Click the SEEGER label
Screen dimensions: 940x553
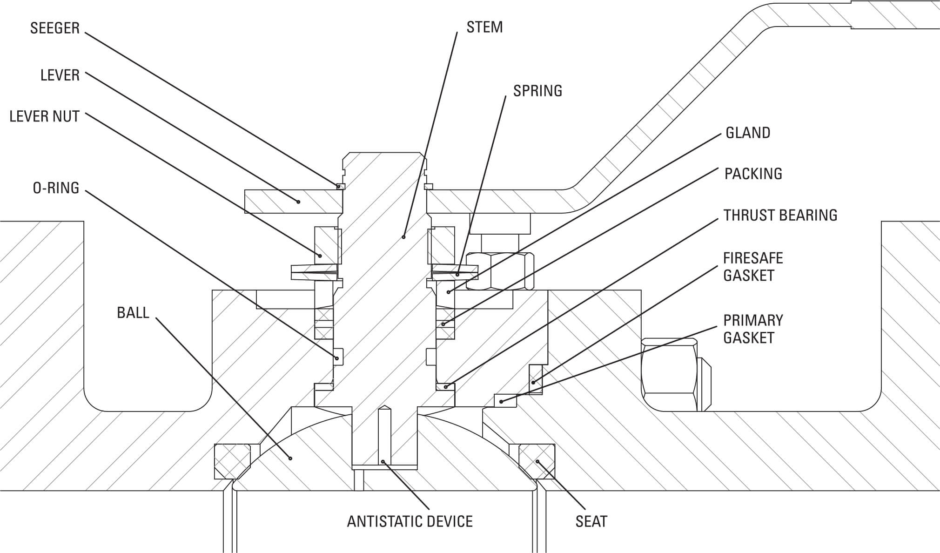click(x=55, y=28)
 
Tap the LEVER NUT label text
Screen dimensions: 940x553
click(x=45, y=116)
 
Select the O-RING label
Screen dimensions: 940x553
click(x=56, y=188)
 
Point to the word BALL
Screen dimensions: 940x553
click(x=133, y=313)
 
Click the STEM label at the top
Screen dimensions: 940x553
click(x=485, y=27)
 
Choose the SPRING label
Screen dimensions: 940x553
click(x=538, y=91)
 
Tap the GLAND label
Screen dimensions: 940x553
click(x=748, y=133)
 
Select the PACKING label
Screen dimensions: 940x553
click(x=753, y=174)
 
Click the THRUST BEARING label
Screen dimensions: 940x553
click(x=780, y=215)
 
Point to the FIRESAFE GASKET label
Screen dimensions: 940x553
click(x=753, y=267)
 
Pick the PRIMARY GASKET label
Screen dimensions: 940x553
click(x=753, y=329)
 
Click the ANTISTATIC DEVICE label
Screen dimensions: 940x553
click(x=410, y=521)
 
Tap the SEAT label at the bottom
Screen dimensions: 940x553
click(x=591, y=521)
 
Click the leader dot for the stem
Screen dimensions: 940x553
click(x=403, y=237)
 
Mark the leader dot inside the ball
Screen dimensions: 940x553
click(x=290, y=459)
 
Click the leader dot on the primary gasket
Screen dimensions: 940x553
click(x=501, y=401)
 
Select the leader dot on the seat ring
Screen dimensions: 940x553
click(x=537, y=462)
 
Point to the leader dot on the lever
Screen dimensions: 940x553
click(x=299, y=202)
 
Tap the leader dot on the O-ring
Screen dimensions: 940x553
click(x=336, y=357)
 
